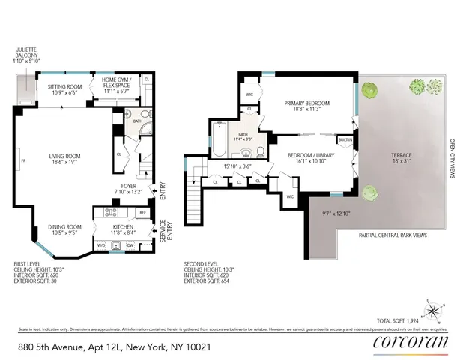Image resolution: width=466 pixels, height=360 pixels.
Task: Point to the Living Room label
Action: point(65,159)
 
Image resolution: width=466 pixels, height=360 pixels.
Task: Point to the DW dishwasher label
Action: point(131,245)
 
